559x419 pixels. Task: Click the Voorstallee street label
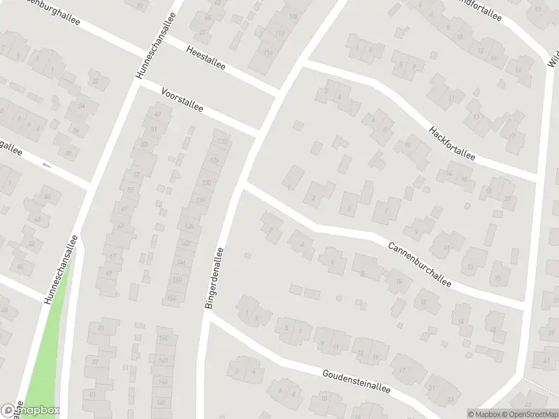[x=182, y=100]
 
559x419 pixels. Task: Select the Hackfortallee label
[x=452, y=144]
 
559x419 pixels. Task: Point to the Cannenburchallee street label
[x=420, y=263]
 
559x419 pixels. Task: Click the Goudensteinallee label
[x=356, y=381]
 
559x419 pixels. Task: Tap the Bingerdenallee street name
[x=214, y=278]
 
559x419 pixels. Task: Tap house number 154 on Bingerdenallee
[x=172, y=299]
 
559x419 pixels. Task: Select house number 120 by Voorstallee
[x=223, y=142]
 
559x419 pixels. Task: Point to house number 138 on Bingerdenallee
[x=189, y=226]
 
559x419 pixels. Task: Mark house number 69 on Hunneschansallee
[x=108, y=272]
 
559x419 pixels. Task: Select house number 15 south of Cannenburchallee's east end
[x=498, y=278]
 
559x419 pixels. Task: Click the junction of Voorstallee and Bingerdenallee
[x=259, y=133]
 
